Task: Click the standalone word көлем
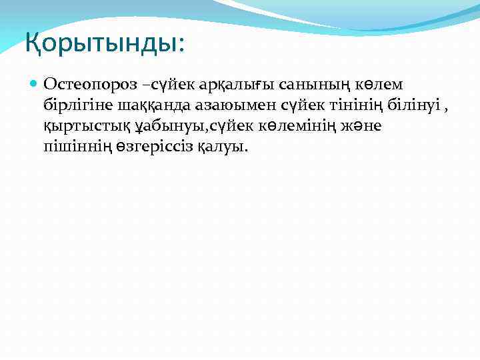click(377, 85)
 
